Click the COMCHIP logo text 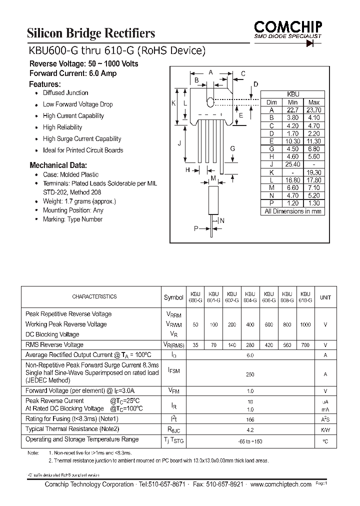(x=288, y=25)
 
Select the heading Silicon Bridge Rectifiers (x=91, y=33)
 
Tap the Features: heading (x=45, y=84)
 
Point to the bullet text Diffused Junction (x=65, y=93)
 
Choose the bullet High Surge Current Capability (x=82, y=139)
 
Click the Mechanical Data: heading (x=58, y=165)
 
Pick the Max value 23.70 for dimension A (x=313, y=110)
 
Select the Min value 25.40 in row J (x=293, y=164)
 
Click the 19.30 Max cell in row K (x=313, y=172)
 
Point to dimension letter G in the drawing (x=232, y=148)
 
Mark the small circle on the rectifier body (x=210, y=103)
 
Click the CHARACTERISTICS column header (x=94, y=297)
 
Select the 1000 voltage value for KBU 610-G (x=305, y=324)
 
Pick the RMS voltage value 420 (x=269, y=345)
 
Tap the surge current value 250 (x=250, y=374)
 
